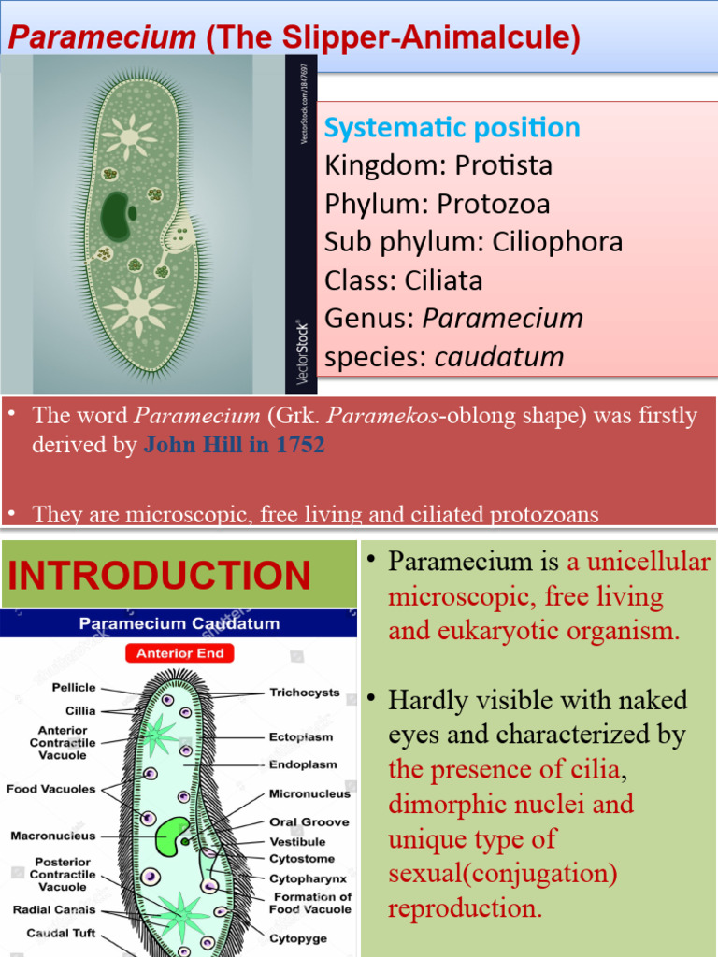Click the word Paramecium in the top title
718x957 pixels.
click(101, 38)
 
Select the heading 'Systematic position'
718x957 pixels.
click(452, 128)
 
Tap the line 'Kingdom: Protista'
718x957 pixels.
click(438, 166)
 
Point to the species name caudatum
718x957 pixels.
click(499, 357)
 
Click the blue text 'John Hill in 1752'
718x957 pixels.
click(234, 445)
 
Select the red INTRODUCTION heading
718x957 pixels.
click(159, 575)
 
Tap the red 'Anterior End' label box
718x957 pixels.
click(180, 653)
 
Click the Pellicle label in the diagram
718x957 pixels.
click(74, 688)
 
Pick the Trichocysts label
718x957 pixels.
click(305, 693)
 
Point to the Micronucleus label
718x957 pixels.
click(309, 793)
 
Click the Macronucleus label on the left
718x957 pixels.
click(53, 836)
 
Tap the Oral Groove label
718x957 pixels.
click(309, 822)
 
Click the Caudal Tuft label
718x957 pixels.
click(61, 933)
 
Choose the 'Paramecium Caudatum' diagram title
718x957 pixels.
click(179, 623)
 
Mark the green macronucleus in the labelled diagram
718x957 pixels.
click(172, 835)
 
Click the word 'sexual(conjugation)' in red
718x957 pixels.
click(503, 874)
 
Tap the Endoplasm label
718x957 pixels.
click(303, 764)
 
